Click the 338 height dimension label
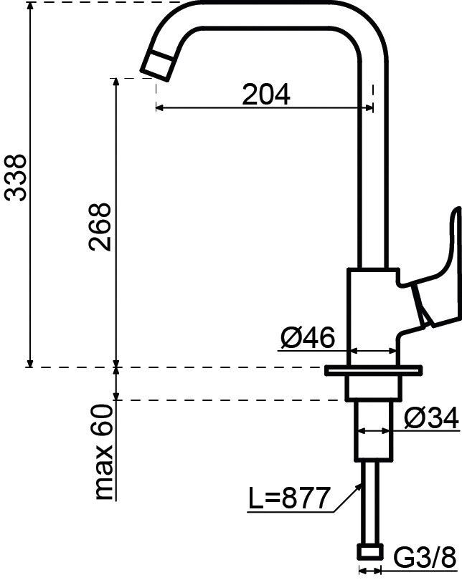pyautogui.click(x=17, y=178)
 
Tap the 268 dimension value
pyautogui.click(x=100, y=227)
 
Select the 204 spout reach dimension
pyautogui.click(x=266, y=95)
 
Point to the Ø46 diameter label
pyautogui.click(x=308, y=337)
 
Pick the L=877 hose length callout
pyautogui.click(x=288, y=498)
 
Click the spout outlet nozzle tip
pyautogui.click(x=157, y=65)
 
